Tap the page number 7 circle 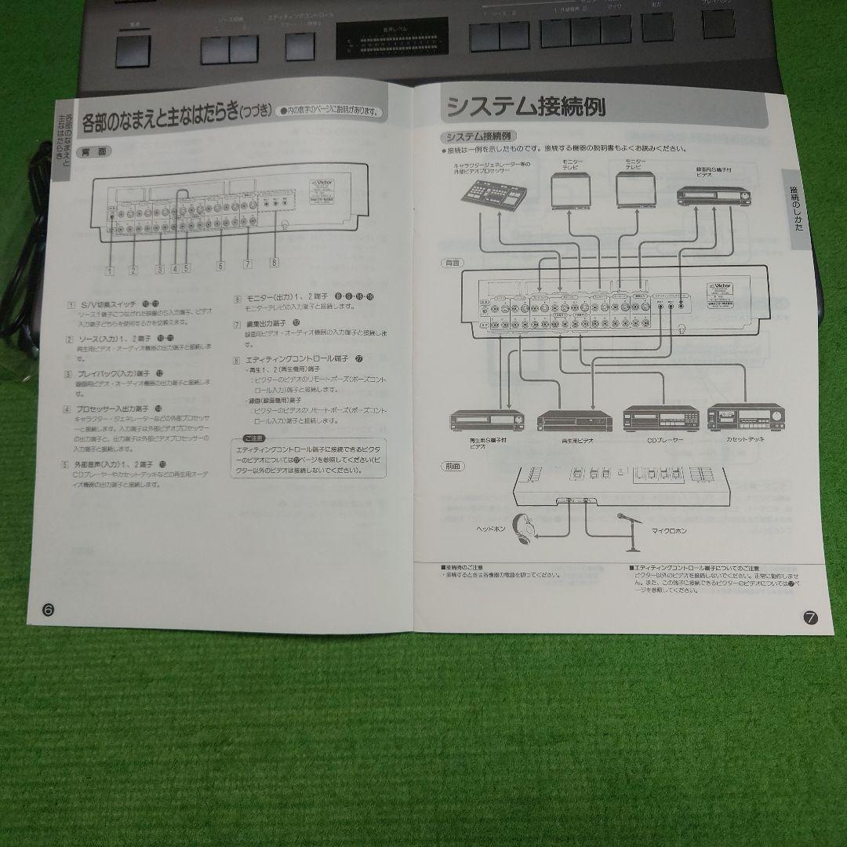point(811,617)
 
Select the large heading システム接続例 point(525,106)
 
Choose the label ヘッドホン point(492,528)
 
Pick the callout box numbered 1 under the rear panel point(111,271)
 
